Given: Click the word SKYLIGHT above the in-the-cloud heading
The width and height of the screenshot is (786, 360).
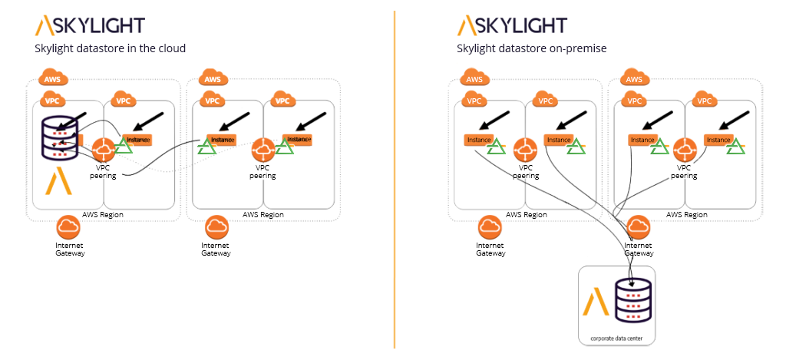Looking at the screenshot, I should (x=100, y=25).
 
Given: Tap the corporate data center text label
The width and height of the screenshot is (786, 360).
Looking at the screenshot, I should (x=616, y=338).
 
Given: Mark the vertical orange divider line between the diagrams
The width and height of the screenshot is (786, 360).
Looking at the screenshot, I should (x=395, y=180).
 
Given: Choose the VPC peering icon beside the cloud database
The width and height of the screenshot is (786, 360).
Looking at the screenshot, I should (x=103, y=150).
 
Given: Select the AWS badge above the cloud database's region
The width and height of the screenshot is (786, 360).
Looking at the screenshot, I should (x=53, y=78).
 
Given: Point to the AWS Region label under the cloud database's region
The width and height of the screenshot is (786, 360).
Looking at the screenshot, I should (x=103, y=215).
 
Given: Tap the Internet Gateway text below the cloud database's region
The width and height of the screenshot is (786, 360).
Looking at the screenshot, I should (x=70, y=249).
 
